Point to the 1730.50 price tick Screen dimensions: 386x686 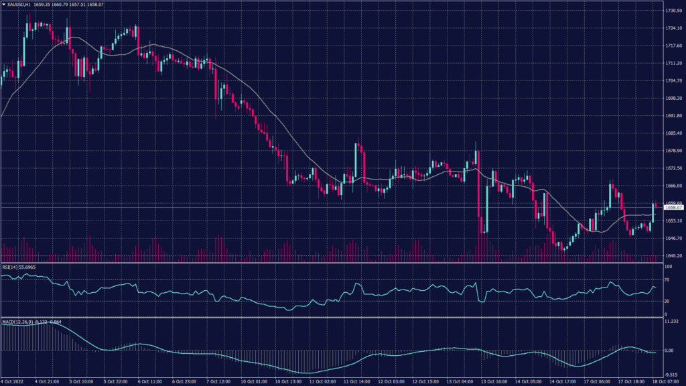(x=673, y=11)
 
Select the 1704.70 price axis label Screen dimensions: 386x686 (x=673, y=80)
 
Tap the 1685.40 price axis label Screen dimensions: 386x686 (x=673, y=133)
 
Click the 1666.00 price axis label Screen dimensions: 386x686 (x=673, y=186)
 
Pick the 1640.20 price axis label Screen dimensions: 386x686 (x=673, y=255)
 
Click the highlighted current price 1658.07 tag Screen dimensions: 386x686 (x=673, y=208)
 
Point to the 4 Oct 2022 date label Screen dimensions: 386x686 (x=12, y=382)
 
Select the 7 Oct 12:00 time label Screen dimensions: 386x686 (x=219, y=382)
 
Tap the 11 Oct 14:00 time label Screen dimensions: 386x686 (x=356, y=382)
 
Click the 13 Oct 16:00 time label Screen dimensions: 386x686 (x=494, y=382)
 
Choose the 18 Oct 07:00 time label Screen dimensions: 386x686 (x=667, y=382)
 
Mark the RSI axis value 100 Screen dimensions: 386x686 (x=667, y=267)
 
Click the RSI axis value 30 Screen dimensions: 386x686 (x=666, y=301)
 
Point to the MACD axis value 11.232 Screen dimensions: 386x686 (x=671, y=322)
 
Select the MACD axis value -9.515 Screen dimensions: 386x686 (x=671, y=375)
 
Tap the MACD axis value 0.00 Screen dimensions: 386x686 (x=669, y=350)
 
